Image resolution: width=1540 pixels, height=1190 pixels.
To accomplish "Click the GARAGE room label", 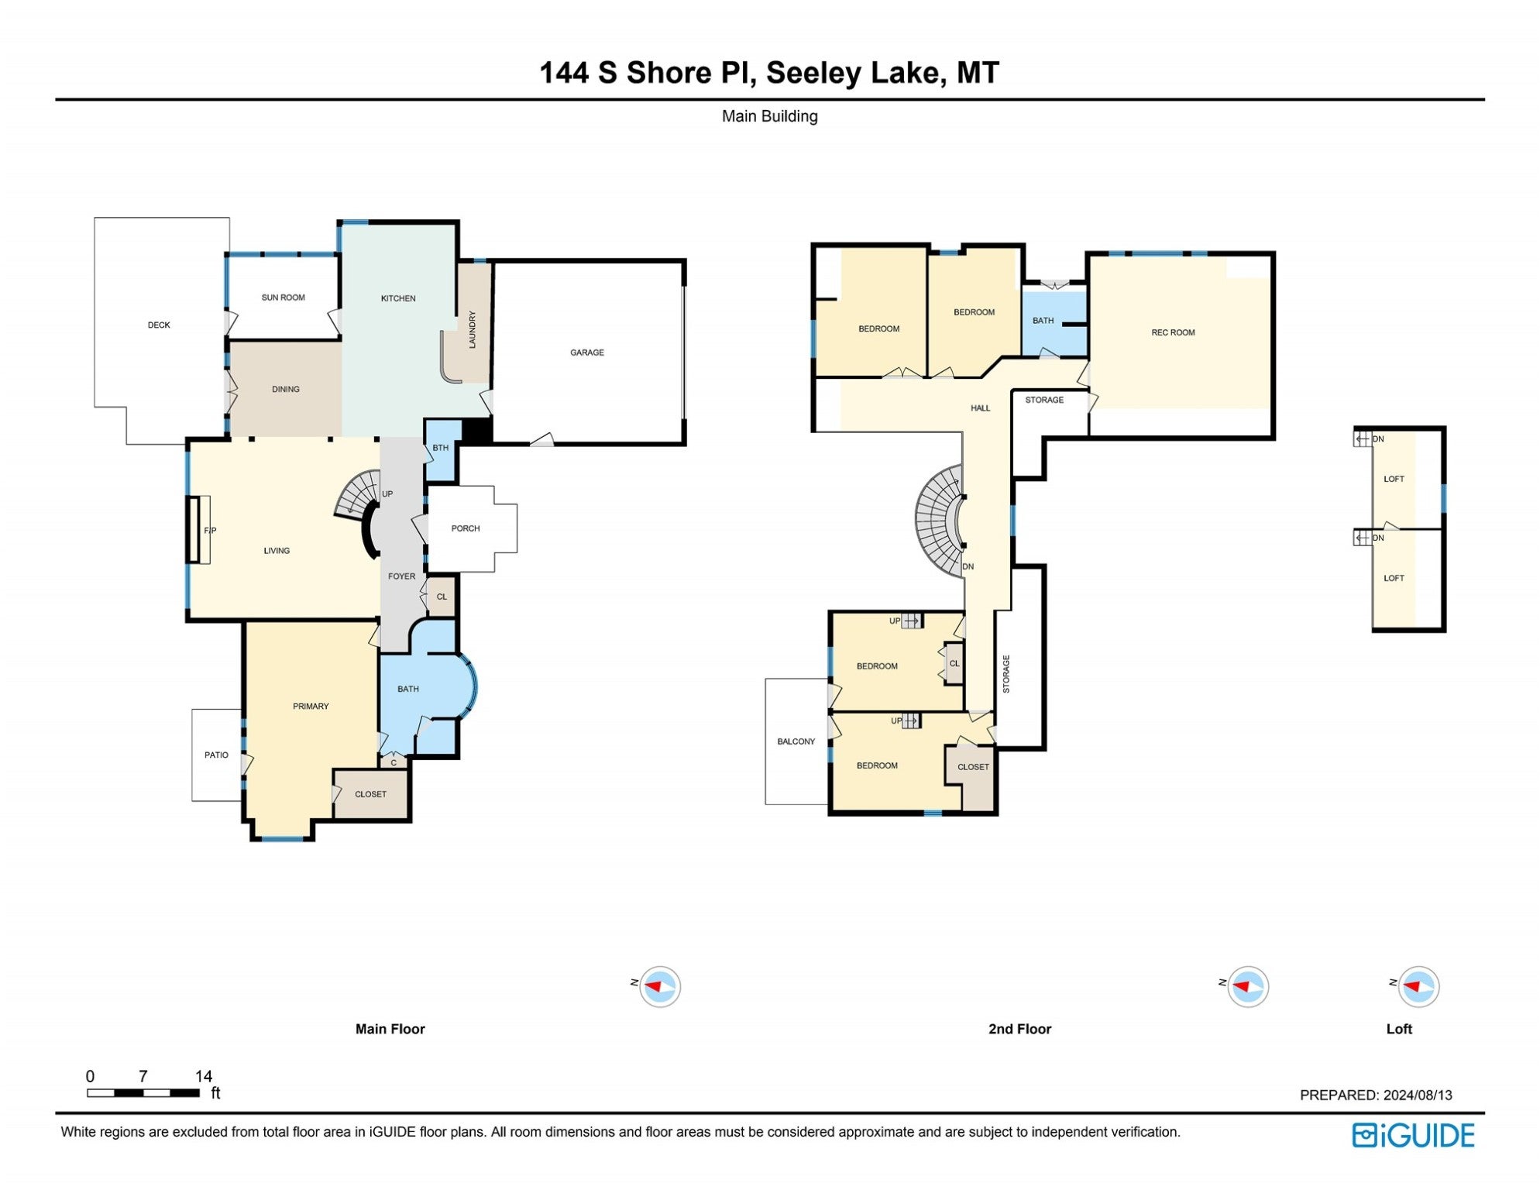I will tap(586, 353).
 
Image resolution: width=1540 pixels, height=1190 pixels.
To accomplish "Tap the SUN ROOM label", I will tap(283, 297).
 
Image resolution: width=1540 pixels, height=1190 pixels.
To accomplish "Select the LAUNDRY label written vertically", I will tap(473, 329).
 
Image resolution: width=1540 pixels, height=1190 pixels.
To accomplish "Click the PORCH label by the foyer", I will tap(466, 528).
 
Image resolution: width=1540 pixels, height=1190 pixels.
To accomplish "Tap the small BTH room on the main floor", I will tap(440, 449).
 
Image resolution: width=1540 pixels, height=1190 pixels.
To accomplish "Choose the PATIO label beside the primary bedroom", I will tap(216, 755).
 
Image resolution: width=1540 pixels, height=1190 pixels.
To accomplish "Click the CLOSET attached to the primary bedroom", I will tap(370, 794).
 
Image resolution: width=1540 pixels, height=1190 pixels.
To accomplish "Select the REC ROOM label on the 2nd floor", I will tap(1173, 332).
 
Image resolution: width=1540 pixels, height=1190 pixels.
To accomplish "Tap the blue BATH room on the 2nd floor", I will tap(1043, 321).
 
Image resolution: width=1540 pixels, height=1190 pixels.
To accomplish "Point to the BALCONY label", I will tap(796, 741).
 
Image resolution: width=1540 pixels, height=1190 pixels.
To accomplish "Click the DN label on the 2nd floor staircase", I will tap(968, 567).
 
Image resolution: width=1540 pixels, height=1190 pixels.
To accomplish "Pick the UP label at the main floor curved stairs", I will tap(387, 494).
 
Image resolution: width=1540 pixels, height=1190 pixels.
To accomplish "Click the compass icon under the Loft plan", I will tap(1418, 987).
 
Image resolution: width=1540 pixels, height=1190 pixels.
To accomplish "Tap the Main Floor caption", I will tap(390, 1029).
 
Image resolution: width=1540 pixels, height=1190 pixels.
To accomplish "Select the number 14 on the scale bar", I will tap(203, 1076).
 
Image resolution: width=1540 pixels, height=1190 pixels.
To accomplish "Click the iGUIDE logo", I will tap(1413, 1136).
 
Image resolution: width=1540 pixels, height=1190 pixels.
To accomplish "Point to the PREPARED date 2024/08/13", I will tap(1375, 1095).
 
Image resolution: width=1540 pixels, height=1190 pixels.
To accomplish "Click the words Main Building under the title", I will tap(769, 116).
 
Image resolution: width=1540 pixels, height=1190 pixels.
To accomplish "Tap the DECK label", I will tap(159, 325).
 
